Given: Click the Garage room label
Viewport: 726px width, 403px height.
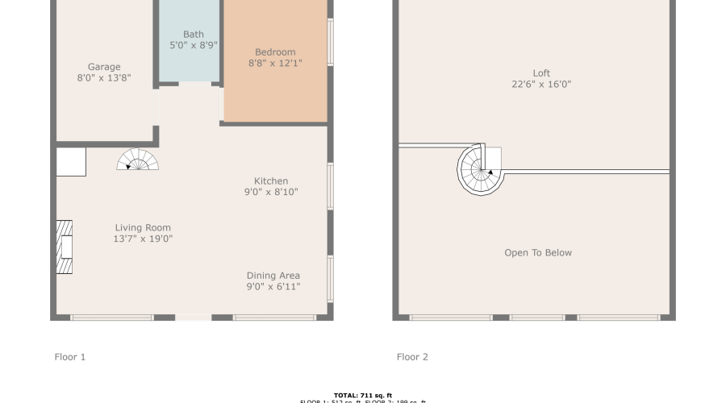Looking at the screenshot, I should click(x=104, y=67).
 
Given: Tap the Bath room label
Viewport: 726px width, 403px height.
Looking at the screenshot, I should click(x=194, y=34).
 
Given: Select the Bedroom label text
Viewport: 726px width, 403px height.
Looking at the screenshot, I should click(x=275, y=52).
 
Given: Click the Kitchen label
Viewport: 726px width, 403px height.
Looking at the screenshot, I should click(x=271, y=181).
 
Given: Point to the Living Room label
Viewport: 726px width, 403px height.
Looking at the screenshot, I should click(x=143, y=228).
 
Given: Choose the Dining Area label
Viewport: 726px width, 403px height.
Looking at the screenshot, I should click(x=273, y=276).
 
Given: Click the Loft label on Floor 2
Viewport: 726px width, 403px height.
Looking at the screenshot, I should click(x=541, y=73).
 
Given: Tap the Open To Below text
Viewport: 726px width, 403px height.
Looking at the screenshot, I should click(x=538, y=253).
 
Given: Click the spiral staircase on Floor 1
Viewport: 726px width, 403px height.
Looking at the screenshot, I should click(x=138, y=160).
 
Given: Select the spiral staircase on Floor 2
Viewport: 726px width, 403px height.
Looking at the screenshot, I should click(x=481, y=169).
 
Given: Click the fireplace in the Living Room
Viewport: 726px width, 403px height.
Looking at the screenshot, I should click(x=65, y=249).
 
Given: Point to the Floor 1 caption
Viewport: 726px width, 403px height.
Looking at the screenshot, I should click(x=69, y=357).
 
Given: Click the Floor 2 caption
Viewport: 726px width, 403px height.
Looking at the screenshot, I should click(x=412, y=357).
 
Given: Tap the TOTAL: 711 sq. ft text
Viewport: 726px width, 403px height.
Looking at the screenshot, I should click(x=362, y=395).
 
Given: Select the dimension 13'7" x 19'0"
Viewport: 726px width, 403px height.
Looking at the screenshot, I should click(x=144, y=239).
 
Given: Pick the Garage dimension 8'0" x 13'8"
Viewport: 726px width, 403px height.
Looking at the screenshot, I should click(x=104, y=78).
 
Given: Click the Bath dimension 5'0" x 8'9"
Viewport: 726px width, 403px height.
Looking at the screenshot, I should click(x=194, y=45).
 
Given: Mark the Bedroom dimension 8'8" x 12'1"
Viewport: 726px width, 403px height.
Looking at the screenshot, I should click(x=275, y=63).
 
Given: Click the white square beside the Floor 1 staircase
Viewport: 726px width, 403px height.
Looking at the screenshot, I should click(x=71, y=162).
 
